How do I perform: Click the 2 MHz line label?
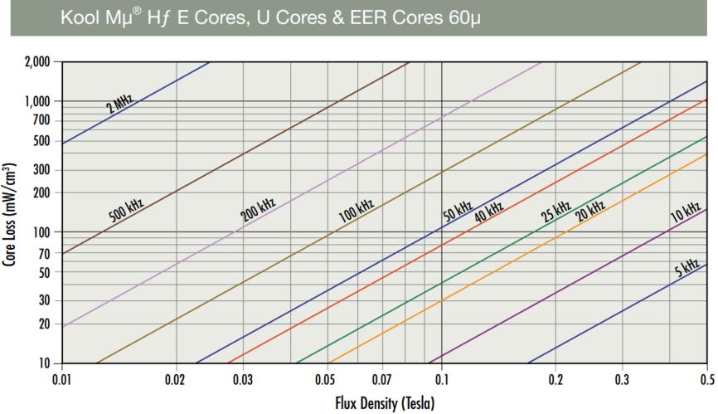119,104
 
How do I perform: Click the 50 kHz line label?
457,209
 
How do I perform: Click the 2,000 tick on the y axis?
36,62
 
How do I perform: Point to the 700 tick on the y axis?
41,120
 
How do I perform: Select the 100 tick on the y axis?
41,231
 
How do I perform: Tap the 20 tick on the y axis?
44,324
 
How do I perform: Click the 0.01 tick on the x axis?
62,380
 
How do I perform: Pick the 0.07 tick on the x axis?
382,380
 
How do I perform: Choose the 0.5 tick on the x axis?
706,380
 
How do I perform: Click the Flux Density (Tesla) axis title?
384,404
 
